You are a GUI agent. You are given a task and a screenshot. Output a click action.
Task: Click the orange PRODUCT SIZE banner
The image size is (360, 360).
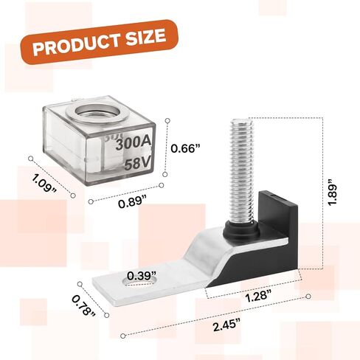[99, 42]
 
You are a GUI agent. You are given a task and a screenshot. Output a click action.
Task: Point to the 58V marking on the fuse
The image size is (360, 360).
[137, 163]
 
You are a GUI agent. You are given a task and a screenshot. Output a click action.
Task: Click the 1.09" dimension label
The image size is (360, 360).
[44, 183]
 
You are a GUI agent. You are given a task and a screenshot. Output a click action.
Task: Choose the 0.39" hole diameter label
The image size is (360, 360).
[142, 276]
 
